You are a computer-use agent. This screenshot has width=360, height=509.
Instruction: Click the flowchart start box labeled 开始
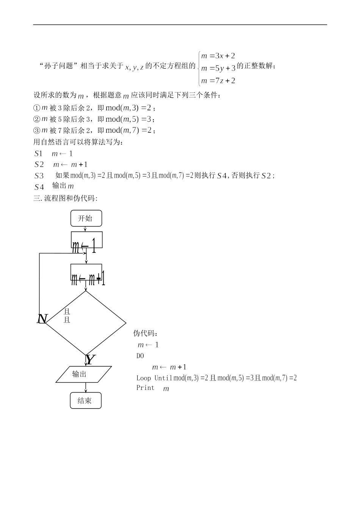coord(86,218)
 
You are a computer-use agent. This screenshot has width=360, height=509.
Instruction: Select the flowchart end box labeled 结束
coord(86,401)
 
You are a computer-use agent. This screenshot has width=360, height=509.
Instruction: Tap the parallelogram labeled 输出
coord(83,374)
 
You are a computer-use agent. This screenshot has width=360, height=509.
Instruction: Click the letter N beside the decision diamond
coord(42,319)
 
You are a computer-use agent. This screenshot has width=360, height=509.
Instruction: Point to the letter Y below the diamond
coord(90,359)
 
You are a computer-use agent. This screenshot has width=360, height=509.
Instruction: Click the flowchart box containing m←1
coord(87,240)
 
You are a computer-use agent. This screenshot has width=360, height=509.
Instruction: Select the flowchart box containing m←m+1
coord(87,273)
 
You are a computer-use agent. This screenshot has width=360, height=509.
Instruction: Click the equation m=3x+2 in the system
coord(218,56)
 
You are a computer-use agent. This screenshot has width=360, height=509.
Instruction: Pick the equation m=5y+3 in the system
coord(218,68)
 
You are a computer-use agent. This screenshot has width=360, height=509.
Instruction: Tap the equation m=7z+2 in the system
coord(218,80)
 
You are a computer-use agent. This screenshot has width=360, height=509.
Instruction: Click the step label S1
coord(38,154)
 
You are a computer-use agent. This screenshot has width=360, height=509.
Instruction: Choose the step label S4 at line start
coord(39,187)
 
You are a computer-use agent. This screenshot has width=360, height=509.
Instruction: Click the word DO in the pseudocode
coord(140,356)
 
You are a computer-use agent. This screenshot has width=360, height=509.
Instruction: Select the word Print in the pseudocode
coord(146,388)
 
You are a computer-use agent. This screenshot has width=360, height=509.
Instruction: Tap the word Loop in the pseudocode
coord(144,378)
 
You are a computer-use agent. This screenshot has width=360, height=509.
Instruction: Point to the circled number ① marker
coord(37,108)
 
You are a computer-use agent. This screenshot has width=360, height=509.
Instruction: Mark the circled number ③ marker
coord(37,131)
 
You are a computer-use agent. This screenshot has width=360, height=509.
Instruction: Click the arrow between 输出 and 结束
coord(86,387)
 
